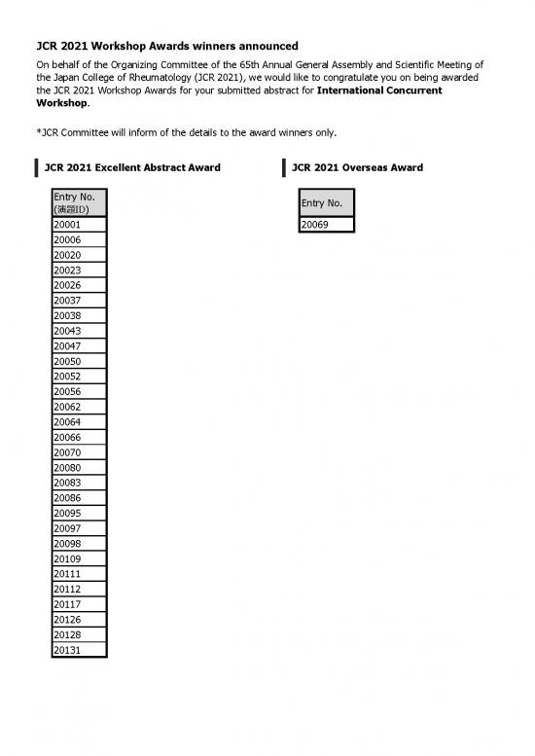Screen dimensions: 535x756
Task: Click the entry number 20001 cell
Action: [79, 225]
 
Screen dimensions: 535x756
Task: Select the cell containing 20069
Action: [326, 225]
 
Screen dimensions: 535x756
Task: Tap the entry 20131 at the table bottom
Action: [79, 648]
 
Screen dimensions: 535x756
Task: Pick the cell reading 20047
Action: [79, 346]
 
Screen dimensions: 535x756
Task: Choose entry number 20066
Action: [79, 437]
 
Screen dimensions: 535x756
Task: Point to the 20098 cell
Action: [79, 543]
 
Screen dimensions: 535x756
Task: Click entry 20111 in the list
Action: [79, 573]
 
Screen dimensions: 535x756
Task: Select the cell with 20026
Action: [79, 285]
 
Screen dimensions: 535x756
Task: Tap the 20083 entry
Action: [79, 483]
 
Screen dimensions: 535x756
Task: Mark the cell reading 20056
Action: [79, 391]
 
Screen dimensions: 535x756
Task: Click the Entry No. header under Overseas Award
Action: [326, 202]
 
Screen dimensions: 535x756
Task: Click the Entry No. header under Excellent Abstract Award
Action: [79, 202]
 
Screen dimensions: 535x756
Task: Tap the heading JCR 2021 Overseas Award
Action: [357, 167]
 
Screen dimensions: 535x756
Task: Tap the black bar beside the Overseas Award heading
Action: [283, 167]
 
